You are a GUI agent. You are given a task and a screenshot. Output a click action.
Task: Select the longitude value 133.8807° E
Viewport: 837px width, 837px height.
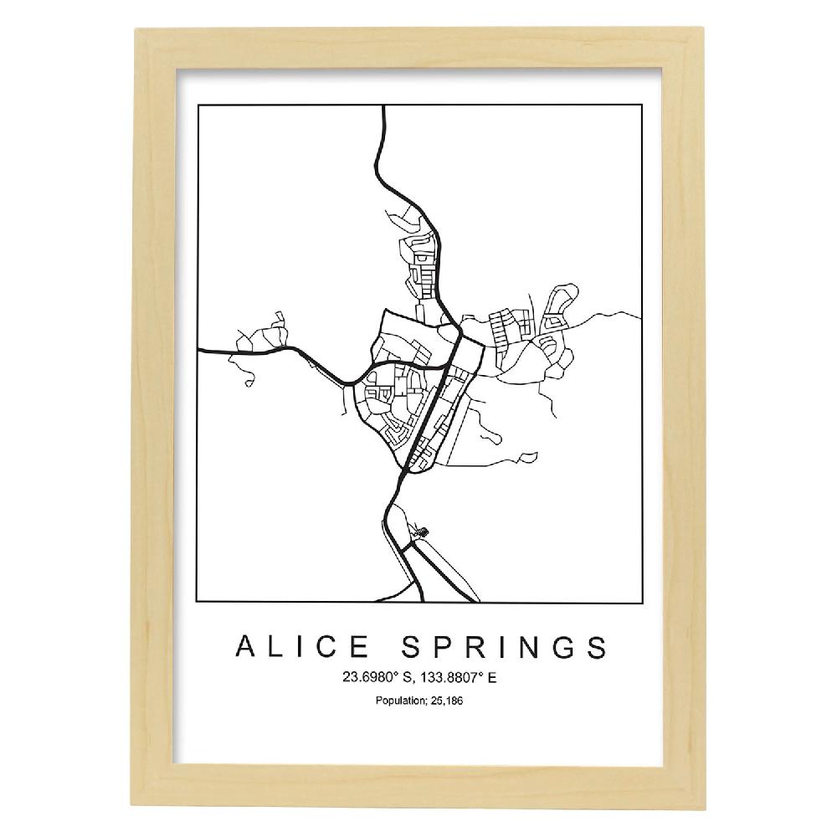453,677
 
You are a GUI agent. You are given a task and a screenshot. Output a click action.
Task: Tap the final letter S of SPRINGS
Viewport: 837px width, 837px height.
596,647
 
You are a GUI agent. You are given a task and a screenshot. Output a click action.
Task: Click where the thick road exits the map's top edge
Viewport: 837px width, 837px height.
383,107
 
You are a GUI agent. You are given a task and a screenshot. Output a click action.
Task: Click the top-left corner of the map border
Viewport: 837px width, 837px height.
198,106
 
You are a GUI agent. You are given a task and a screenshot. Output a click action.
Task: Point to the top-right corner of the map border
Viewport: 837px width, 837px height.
642,106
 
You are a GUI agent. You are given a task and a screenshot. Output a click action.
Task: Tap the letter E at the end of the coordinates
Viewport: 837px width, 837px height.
492,677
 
